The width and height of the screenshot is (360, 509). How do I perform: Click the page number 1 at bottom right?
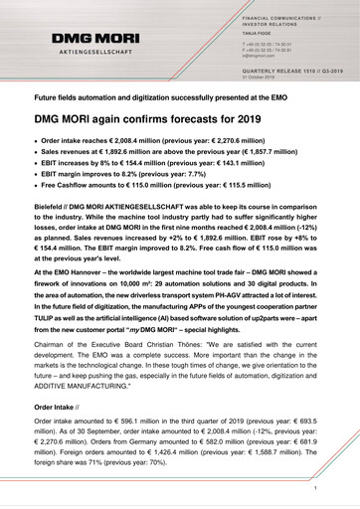point(313,489)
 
